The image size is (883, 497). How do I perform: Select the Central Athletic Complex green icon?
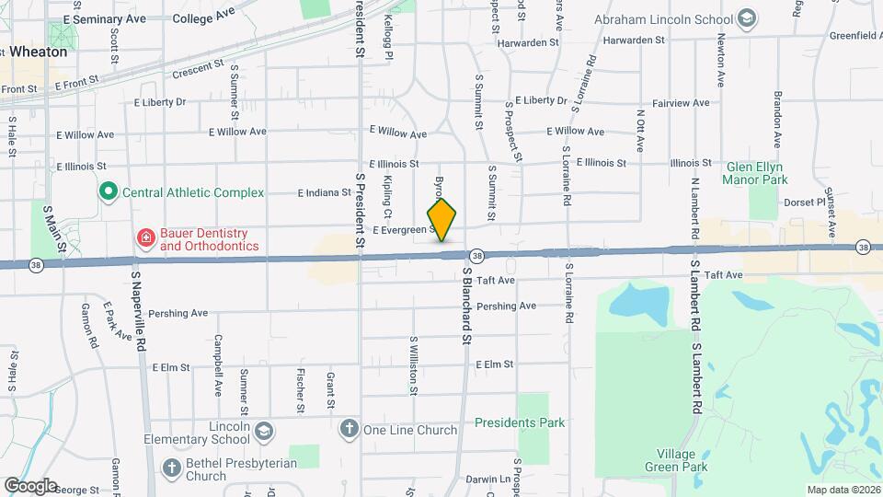pos(108,192)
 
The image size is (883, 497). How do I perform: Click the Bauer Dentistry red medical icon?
pos(145,239)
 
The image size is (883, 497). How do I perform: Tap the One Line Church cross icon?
pos(349,429)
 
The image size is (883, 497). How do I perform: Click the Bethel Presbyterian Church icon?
pos(171,468)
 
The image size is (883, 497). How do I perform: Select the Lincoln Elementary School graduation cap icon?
pos(264,432)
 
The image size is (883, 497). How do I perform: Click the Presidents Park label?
pos(520,422)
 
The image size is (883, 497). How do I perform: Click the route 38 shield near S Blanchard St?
pos(476,255)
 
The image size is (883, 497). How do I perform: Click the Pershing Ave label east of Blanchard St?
pos(506,306)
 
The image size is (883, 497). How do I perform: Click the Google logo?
pos(30,485)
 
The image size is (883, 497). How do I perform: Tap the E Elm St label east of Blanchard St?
pos(494,364)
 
